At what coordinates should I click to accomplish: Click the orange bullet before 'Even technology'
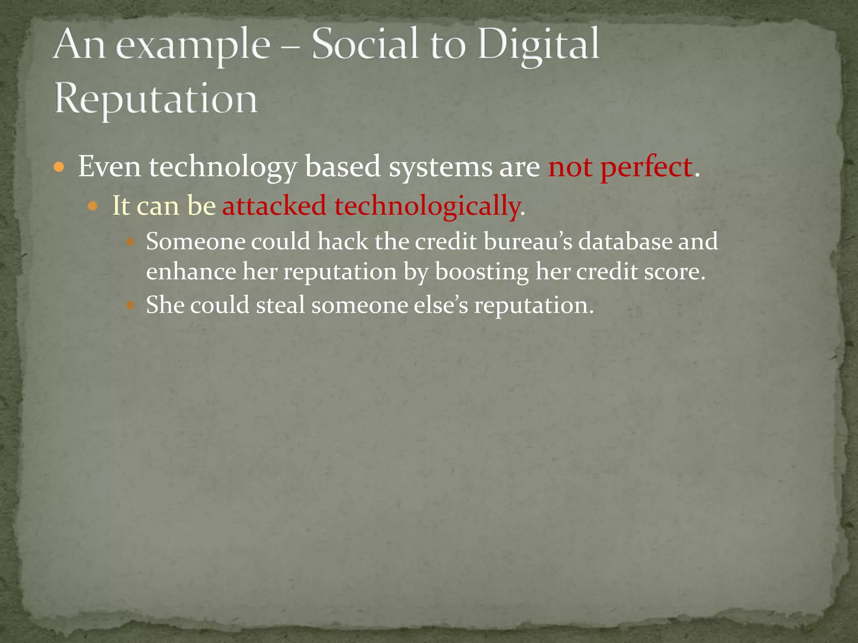coord(59,168)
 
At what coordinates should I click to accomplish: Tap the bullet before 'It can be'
coord(93,206)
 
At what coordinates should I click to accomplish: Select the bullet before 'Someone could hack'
coord(130,242)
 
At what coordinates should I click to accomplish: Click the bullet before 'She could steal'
coord(130,305)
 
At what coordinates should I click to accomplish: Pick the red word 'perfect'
coord(646,167)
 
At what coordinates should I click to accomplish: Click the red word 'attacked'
coord(274,206)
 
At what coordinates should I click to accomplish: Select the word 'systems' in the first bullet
coord(440,167)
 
